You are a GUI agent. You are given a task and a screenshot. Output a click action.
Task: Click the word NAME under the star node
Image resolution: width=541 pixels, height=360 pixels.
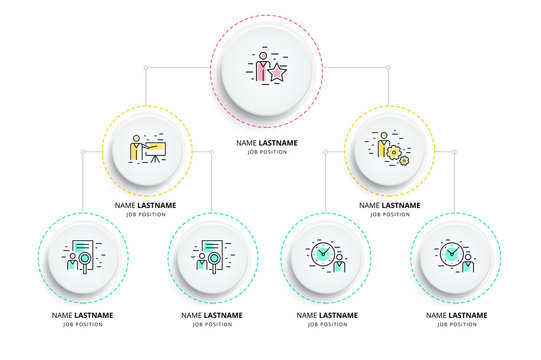pyautogui.click(x=246, y=143)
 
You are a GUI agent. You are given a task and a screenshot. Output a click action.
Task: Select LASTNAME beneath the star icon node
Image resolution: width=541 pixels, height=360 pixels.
pyautogui.click(x=281, y=143)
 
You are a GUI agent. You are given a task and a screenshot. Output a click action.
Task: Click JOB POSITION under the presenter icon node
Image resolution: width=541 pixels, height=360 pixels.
pyautogui.click(x=145, y=214)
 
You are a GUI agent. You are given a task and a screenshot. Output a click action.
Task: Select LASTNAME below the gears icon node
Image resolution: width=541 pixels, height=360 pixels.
pyautogui.click(x=400, y=205)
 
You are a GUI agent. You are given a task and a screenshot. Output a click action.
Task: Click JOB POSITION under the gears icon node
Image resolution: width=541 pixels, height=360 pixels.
pyautogui.click(x=389, y=214)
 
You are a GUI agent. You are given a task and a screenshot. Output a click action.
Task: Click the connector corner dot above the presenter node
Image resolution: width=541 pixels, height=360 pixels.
pyautogui.click(x=146, y=68)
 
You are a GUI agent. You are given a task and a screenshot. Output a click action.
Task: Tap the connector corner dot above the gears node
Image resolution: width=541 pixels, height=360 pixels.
pyautogui.click(x=389, y=68)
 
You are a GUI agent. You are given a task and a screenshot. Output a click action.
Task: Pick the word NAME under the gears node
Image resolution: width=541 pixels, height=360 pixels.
pyautogui.click(x=368, y=205)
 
